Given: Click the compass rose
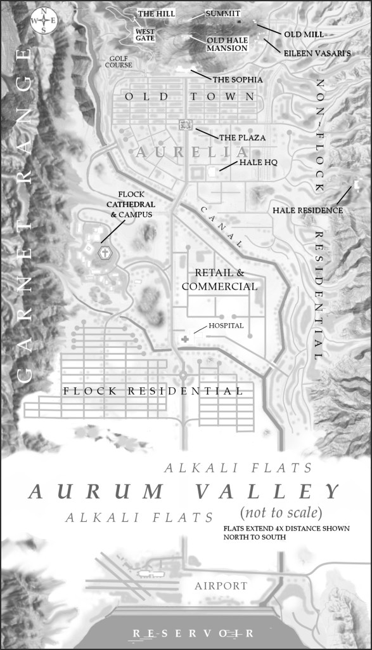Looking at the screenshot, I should (x=42, y=20).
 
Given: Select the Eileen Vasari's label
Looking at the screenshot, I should (x=312, y=54).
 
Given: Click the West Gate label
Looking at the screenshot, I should (x=144, y=34).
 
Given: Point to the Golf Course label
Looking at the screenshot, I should (x=120, y=62).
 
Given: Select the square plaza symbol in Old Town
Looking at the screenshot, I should (x=186, y=124).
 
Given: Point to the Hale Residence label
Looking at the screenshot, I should (x=307, y=210).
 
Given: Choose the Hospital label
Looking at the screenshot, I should (x=226, y=326).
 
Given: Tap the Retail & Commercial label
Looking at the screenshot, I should (x=219, y=280).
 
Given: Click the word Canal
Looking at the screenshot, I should (x=222, y=227).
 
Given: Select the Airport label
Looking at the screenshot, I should (x=222, y=586).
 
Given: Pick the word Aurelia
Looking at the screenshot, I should (x=191, y=152).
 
